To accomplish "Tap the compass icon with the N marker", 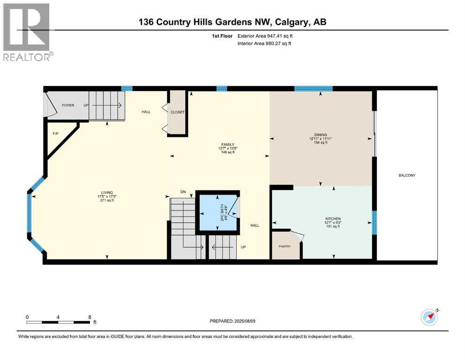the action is click(x=429, y=317).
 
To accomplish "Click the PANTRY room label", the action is click(x=285, y=247).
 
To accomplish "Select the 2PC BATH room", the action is click(x=218, y=212).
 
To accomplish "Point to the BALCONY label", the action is click(x=407, y=175).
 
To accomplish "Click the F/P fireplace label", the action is click(x=55, y=134).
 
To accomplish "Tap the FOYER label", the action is click(x=68, y=105).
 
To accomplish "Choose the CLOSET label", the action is click(x=177, y=112).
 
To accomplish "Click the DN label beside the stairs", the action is click(x=183, y=192).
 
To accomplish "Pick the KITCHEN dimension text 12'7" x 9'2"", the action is click(x=333, y=223).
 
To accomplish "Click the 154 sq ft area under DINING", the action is click(x=321, y=142).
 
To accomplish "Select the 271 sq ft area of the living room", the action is click(x=107, y=200).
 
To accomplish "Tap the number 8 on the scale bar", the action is click(x=90, y=317).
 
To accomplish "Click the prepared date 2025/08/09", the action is click(x=244, y=321).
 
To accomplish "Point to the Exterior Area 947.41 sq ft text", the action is click(x=265, y=36).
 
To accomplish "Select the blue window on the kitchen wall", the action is click(x=374, y=223).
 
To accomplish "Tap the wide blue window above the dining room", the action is click(x=313, y=89).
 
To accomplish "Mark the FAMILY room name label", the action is click(x=228, y=145).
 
